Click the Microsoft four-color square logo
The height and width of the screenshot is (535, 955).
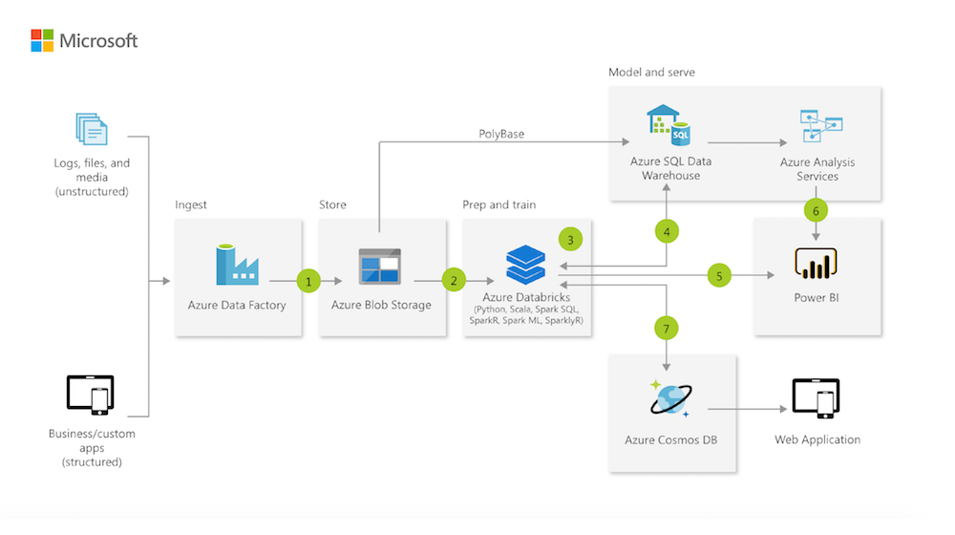click(42, 40)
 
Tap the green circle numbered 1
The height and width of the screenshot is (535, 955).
click(308, 281)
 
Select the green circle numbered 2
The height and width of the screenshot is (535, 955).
click(454, 281)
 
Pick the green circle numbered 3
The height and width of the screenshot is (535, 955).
click(570, 239)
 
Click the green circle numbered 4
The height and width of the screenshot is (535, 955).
click(667, 231)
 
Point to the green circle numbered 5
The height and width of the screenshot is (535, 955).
click(719, 275)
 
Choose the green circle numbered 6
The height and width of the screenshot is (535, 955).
click(815, 210)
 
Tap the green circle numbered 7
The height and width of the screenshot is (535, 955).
click(667, 328)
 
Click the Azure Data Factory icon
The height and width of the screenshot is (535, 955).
click(237, 265)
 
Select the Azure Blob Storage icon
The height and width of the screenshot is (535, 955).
click(379, 267)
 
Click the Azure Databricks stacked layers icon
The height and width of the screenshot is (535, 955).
click(526, 264)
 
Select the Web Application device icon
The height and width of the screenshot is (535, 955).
click(816, 398)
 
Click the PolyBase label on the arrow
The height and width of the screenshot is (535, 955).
click(501, 134)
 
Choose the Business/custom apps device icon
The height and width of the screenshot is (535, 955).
click(91, 396)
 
